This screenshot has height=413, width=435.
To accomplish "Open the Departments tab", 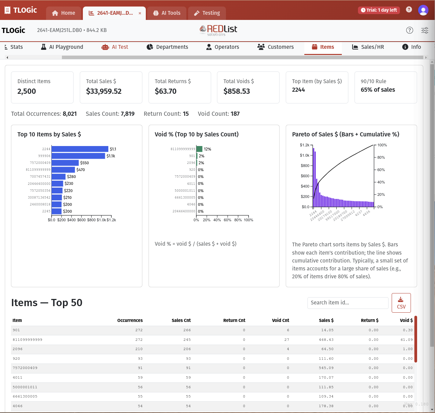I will (167, 47).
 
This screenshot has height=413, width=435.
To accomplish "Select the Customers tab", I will (276, 47).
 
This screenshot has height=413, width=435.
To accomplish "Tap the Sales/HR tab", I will (368, 47).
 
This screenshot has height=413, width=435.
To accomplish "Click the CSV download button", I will (401, 303).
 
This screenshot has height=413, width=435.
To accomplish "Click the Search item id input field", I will (347, 303).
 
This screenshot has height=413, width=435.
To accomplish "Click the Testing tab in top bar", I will (207, 13).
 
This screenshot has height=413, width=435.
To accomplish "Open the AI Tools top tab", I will (167, 13).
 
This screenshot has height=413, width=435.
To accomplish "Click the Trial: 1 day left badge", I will (379, 10).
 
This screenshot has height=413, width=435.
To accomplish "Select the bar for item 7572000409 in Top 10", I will (65, 163).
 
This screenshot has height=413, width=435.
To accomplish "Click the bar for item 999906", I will (78, 156).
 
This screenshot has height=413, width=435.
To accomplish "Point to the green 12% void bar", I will (199, 149).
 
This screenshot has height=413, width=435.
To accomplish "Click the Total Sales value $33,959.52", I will (104, 91).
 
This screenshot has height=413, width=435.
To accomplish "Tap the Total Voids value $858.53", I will (237, 91).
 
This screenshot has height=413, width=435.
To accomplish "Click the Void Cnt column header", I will (280, 320).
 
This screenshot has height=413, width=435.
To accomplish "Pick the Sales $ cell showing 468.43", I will (326, 340).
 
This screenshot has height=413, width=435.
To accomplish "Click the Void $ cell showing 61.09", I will (406, 340).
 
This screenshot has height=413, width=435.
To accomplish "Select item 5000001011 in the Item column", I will (25, 387).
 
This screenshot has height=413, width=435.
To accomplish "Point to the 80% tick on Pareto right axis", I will (381, 157).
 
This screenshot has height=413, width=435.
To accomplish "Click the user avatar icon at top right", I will (423, 10).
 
